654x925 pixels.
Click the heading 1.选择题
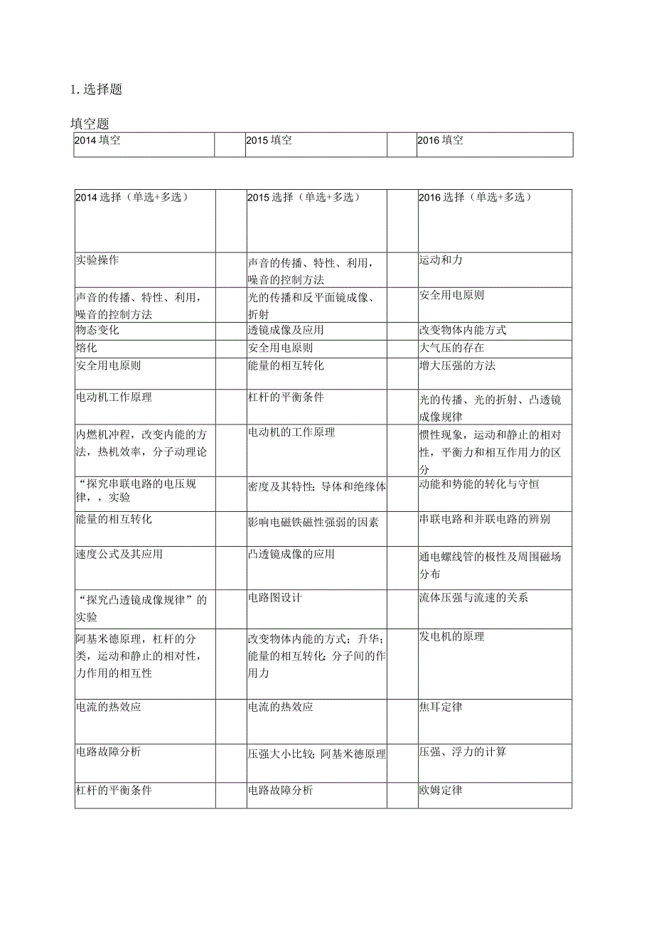tap(97, 90)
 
